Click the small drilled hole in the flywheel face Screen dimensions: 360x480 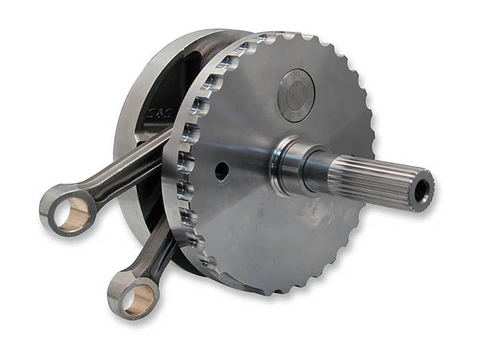point(222,171)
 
